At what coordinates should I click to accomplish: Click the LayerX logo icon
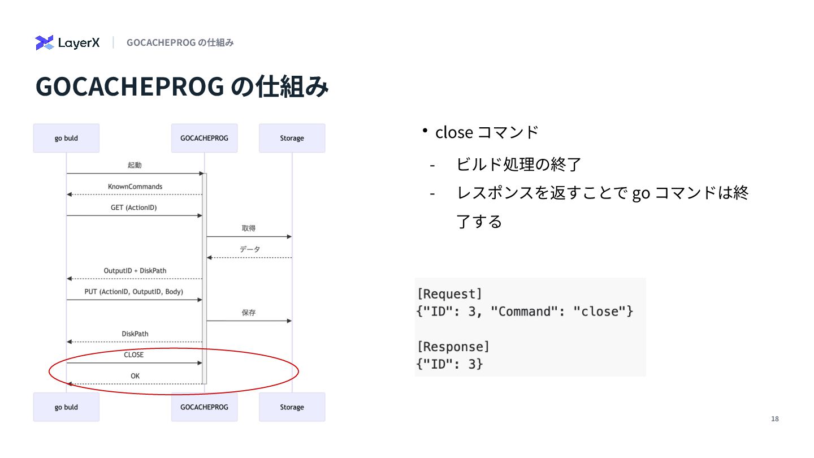44,42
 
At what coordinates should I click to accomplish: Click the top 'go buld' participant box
66,138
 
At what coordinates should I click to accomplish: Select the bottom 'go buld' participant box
66,407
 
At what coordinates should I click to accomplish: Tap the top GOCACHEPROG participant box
204,138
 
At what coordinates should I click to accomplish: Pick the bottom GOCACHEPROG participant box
204,407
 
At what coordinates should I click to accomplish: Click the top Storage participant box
292,138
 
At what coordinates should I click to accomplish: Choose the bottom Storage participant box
292,407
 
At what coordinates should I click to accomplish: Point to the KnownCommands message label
135,187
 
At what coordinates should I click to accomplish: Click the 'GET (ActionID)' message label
134,208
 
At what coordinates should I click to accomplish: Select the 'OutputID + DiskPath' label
135,271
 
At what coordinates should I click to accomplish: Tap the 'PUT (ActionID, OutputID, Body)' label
134,292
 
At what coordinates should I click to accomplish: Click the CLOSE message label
134,355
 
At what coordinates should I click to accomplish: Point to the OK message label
135,376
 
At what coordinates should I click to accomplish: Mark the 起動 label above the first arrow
135,166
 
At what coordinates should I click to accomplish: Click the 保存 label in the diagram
249,313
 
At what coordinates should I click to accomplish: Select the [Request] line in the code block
450,294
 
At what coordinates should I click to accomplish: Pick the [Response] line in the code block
453,347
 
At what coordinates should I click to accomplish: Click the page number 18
774,419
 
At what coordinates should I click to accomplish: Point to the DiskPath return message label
135,334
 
